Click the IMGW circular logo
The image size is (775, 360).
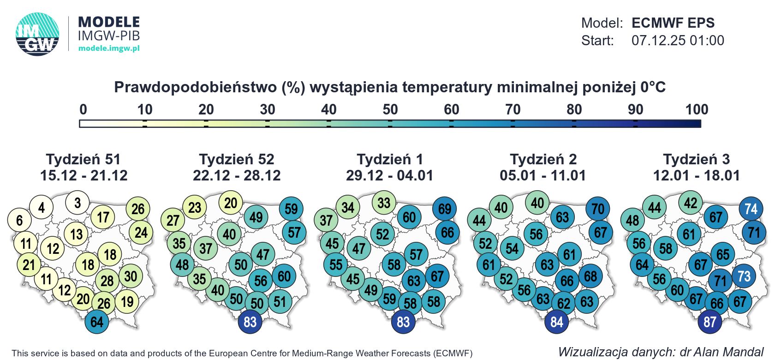point(37,35)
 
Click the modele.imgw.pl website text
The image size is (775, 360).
point(109,48)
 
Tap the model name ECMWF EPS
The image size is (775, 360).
point(673,23)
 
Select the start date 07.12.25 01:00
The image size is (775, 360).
point(677,41)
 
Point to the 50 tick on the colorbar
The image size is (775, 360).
point(390,123)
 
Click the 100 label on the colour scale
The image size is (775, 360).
point(696,109)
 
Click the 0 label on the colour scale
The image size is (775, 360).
point(83,109)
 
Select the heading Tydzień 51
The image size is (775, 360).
point(83,159)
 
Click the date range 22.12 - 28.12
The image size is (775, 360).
point(237,175)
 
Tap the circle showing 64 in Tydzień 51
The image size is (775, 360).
point(97,322)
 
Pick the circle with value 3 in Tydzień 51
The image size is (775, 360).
point(77,203)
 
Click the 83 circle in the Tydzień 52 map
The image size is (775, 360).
point(250,322)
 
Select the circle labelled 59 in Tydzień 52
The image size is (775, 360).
point(291,209)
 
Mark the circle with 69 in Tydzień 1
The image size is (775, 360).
point(445,209)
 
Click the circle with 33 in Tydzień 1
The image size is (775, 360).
point(384,203)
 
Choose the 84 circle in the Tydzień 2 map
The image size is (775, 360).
point(557,322)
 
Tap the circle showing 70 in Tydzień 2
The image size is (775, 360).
point(598,209)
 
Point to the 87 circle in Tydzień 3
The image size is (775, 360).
point(710,322)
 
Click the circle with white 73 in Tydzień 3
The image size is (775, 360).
point(744,276)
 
